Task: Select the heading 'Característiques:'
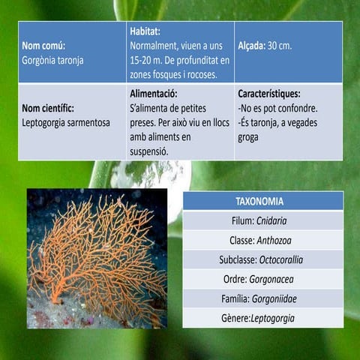pyautogui.click(x=268, y=94)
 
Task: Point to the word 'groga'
pyautogui.click(x=249, y=136)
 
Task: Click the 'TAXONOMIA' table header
pyautogui.click(x=263, y=201)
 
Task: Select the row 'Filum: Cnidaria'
pyautogui.click(x=263, y=220)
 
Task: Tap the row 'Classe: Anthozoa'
pyautogui.click(x=263, y=240)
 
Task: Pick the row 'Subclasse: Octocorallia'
pyautogui.click(x=263, y=259)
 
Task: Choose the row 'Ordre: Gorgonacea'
pyautogui.click(x=263, y=279)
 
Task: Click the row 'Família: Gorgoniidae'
pyautogui.click(x=263, y=298)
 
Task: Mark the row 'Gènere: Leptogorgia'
pyautogui.click(x=263, y=318)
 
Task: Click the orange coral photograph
pyautogui.click(x=97, y=258)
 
